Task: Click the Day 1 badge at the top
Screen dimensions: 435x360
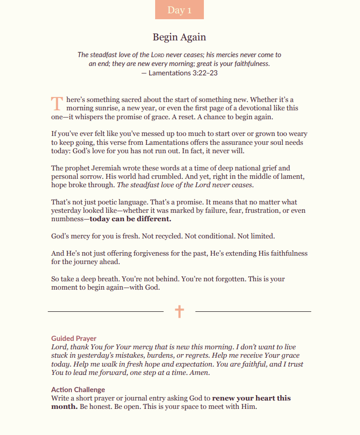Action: coord(179,10)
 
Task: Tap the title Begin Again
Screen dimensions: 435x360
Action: coord(179,37)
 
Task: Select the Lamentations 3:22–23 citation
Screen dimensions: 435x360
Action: coord(179,73)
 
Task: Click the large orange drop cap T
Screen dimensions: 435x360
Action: coord(57,103)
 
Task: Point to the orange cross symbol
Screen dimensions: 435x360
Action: coord(179,311)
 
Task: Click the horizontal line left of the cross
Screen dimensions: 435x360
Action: coord(105,311)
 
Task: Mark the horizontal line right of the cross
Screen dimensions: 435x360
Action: coord(253,311)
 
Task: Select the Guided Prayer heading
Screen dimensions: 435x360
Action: coord(74,338)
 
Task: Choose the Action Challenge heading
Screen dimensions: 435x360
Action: coord(78,390)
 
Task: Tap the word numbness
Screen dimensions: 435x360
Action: coord(67,219)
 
